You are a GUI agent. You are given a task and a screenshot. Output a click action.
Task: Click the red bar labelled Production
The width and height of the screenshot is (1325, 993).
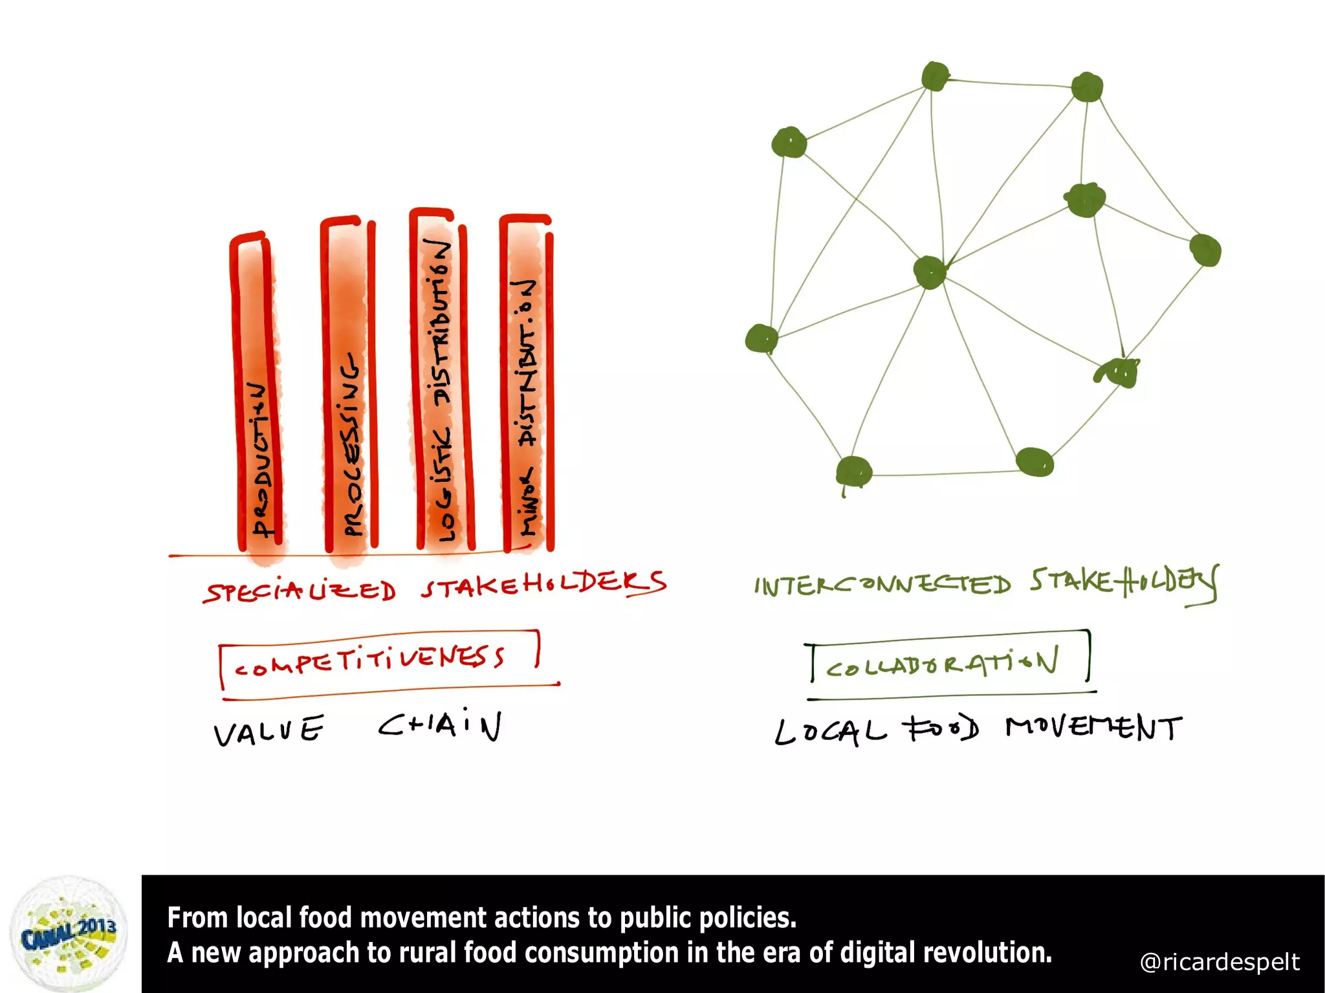click(257, 395)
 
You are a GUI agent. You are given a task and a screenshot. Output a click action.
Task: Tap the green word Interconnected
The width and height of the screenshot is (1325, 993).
click(882, 584)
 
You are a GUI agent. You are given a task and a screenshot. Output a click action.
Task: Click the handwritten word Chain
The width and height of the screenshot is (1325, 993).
click(440, 726)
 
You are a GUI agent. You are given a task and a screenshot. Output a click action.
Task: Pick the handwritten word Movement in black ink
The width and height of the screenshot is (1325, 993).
click(1094, 728)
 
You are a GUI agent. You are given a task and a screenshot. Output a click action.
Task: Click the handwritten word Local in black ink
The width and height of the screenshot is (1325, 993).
click(831, 732)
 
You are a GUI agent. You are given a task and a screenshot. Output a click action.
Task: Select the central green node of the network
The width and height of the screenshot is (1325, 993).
click(930, 272)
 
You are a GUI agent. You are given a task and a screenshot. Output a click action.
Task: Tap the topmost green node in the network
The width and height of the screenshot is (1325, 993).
click(936, 76)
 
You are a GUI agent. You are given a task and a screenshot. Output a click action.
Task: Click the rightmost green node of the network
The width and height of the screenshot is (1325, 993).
click(1205, 250)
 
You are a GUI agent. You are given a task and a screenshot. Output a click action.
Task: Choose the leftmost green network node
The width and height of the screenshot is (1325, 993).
click(761, 338)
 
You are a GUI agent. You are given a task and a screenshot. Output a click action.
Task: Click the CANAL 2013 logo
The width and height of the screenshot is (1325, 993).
click(69, 934)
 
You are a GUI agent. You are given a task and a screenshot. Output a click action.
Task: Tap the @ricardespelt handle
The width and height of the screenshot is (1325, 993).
click(1220, 962)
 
